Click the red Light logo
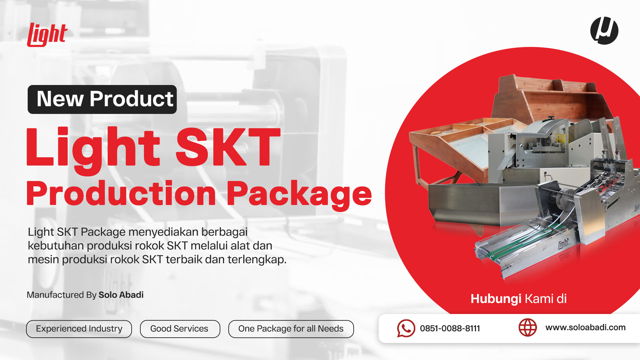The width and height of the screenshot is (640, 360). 47,35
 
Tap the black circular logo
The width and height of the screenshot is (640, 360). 604,31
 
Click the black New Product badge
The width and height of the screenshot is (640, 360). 102,99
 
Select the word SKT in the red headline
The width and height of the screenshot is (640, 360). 228,147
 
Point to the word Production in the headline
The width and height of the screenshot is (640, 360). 121,193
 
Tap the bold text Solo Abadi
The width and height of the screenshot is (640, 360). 121,295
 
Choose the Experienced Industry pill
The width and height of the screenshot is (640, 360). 79,329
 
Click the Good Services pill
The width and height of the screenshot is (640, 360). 180,329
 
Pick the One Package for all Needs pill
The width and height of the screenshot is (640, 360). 291,329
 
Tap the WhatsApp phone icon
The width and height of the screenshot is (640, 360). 406,328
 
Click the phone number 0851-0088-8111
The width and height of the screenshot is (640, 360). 450,329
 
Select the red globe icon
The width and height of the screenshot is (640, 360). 528,328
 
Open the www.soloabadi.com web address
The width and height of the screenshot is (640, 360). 585,328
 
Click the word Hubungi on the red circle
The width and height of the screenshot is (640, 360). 496,299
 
